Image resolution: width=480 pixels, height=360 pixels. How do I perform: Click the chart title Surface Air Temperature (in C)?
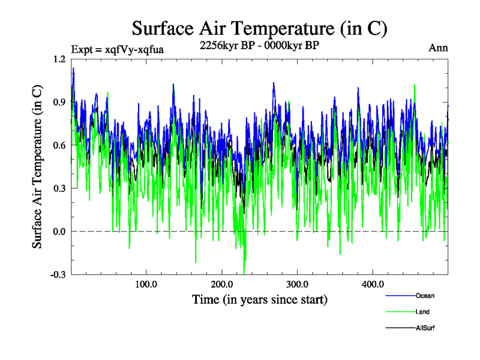[259, 28]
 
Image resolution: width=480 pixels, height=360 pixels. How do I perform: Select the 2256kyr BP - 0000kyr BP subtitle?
[259, 46]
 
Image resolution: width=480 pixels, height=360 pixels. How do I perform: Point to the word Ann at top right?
[438, 48]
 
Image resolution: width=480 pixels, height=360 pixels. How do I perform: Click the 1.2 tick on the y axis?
[59, 59]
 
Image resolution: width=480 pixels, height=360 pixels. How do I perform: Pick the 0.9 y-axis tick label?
[59, 102]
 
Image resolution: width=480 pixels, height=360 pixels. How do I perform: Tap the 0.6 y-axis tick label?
[59, 145]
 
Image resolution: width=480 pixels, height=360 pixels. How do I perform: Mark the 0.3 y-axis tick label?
[59, 188]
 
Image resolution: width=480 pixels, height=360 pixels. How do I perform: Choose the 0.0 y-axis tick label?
[59, 231]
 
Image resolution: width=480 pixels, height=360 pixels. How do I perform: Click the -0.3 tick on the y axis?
[58, 274]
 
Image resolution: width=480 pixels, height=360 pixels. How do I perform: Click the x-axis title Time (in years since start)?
[259, 299]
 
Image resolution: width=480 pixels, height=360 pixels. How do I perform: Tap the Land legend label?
[422, 312]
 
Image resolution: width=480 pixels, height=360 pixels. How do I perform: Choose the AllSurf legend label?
[425, 328]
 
